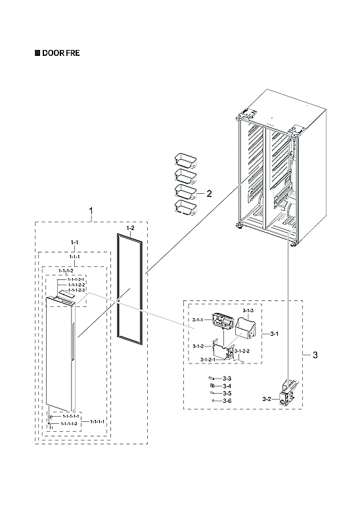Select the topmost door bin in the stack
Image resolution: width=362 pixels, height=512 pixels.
pos(185,159)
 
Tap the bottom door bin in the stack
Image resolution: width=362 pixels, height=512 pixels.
pos(185,208)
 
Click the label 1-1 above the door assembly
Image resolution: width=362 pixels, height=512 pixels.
pos(74,243)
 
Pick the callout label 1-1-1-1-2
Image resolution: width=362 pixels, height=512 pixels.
pos(69,424)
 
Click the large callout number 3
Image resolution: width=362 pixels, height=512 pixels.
pos(315,356)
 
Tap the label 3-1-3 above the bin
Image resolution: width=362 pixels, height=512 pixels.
pos(248,309)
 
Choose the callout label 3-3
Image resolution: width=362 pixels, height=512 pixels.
pos(227,379)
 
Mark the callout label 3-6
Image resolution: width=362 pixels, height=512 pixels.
pos(227,400)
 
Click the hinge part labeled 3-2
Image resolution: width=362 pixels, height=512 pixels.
pos(288,393)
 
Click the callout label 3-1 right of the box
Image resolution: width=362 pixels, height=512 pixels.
pos(275,334)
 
